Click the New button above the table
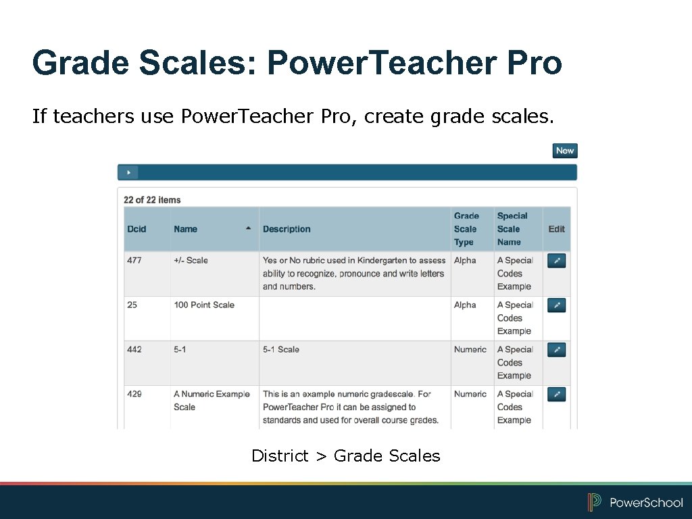point(565,151)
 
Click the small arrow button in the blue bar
point(128,172)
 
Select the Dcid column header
point(137,229)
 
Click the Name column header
point(186,229)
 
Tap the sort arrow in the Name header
point(249,228)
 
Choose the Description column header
point(287,229)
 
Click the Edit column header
point(556,229)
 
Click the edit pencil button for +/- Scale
point(556,261)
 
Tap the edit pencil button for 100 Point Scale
point(556,305)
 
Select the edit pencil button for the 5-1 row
point(556,350)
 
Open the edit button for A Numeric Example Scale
point(556,395)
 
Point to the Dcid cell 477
point(134,260)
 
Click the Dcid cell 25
point(132,305)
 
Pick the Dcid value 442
point(134,349)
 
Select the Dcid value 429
point(134,394)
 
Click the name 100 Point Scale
point(204,305)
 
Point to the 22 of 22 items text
point(152,199)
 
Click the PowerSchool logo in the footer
point(635,502)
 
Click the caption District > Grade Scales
point(345,456)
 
